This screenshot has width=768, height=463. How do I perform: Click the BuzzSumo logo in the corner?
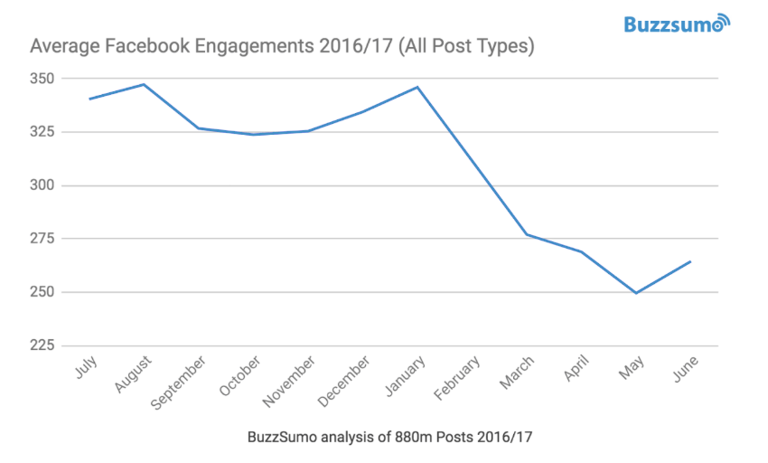click(x=676, y=24)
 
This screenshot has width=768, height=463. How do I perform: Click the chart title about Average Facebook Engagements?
click(x=283, y=46)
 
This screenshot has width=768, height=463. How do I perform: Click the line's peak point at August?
click(x=145, y=84)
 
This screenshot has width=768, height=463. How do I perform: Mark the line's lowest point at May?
click(x=636, y=293)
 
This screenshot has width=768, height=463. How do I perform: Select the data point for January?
click(x=417, y=87)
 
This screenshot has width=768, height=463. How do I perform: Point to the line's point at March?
click(x=527, y=234)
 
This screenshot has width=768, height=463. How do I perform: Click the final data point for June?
click(x=690, y=261)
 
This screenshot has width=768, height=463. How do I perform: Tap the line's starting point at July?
click(x=89, y=99)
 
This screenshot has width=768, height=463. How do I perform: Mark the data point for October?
click(x=254, y=134)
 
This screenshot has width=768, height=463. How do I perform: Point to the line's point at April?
click(x=581, y=251)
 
